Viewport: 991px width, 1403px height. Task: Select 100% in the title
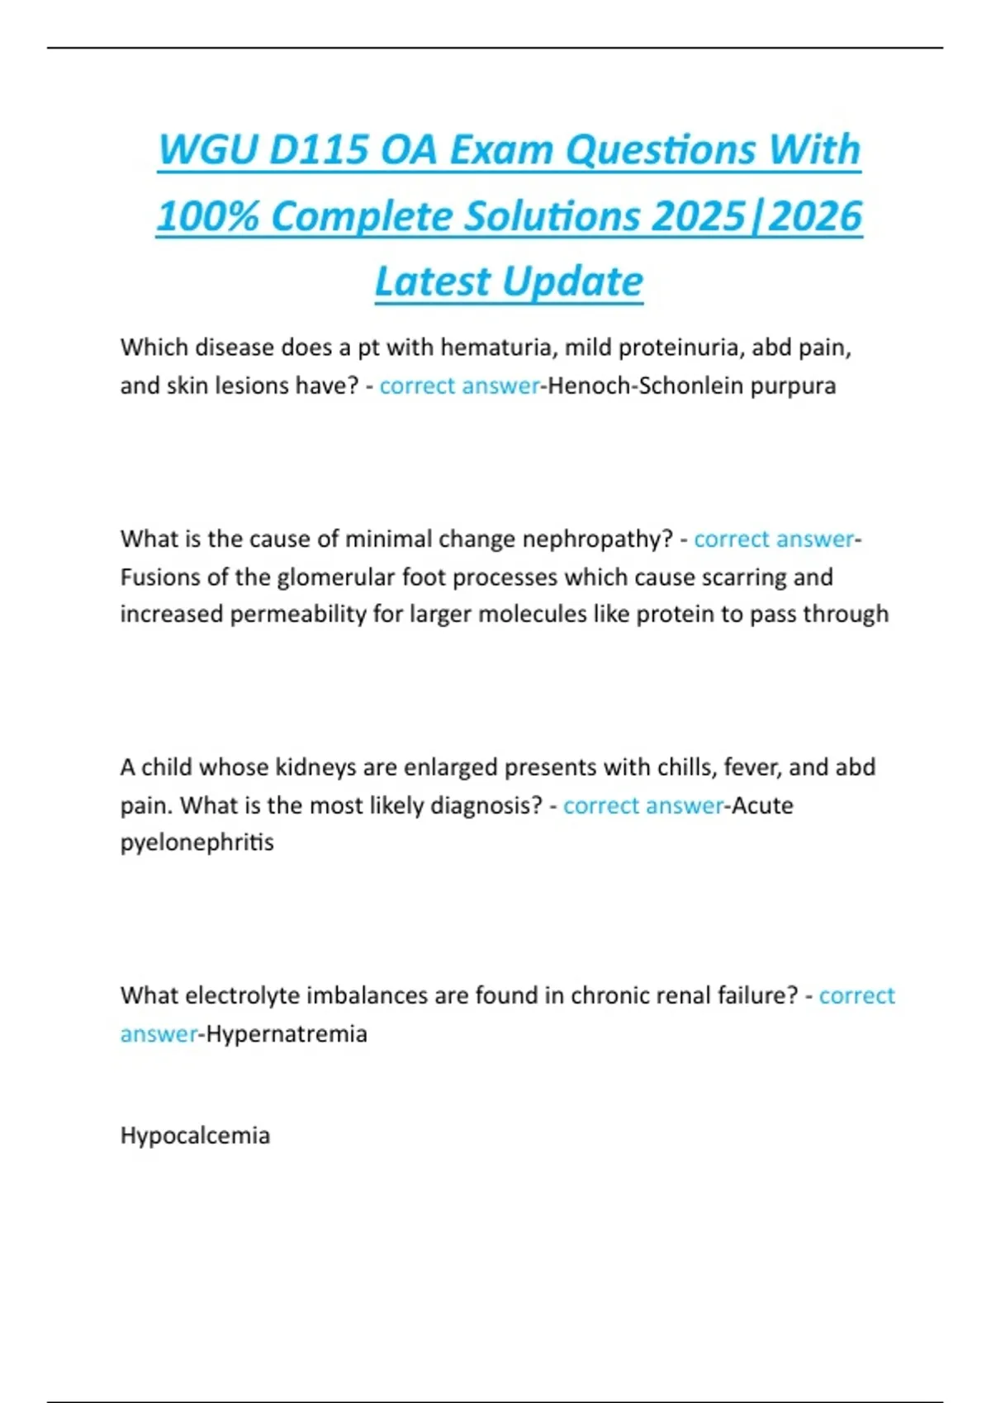[207, 216]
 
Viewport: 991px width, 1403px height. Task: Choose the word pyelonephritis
[197, 843]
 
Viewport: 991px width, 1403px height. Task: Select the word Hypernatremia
[287, 1034]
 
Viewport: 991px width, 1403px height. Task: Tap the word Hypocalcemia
[195, 1136]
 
